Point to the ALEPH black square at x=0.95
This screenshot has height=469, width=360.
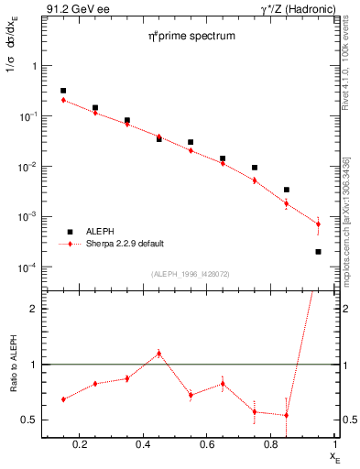[x=318, y=252]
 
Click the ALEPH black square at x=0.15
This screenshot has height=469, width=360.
[x=63, y=91]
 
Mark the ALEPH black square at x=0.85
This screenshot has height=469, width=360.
[x=287, y=190]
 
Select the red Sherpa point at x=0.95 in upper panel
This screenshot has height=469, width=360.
[x=318, y=224]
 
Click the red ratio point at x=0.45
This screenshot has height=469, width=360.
[x=158, y=353]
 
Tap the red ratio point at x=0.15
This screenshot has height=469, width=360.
[x=63, y=399]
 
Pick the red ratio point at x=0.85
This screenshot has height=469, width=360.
[x=287, y=415]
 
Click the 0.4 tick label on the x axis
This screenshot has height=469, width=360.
[x=143, y=444]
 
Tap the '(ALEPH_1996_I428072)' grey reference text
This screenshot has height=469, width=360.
[x=191, y=274]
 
